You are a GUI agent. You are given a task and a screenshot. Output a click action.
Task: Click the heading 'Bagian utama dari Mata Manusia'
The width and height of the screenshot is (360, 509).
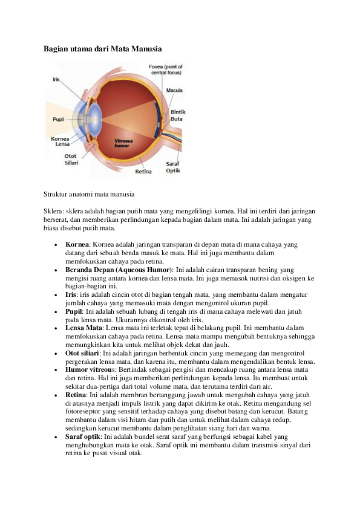coord(103,49)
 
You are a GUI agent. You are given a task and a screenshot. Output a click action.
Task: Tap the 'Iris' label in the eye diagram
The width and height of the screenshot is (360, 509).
coord(56,79)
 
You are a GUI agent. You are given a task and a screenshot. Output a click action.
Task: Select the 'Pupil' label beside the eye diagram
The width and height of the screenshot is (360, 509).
coord(59,120)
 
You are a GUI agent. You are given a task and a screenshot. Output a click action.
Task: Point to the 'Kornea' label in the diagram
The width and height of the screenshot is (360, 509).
coord(60,138)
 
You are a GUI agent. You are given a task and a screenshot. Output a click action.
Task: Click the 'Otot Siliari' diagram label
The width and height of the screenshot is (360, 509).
coord(71,160)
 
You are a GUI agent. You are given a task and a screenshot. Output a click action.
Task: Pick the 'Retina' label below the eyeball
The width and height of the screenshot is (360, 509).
coord(143,172)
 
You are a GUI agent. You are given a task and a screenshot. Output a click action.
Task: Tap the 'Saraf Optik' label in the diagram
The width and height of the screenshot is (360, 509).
coord(173,167)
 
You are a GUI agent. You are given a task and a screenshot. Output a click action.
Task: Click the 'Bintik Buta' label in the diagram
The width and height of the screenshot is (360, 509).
coord(178,115)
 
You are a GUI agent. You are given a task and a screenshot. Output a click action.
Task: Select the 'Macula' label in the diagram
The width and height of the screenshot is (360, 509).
coord(174,90)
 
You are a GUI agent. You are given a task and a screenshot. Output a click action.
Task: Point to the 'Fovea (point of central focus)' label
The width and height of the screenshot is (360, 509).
coord(166,70)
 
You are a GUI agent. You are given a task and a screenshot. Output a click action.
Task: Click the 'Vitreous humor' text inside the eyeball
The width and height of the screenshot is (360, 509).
coord(123,143)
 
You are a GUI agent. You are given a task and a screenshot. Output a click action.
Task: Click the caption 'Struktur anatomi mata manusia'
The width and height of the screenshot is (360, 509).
coord(89,195)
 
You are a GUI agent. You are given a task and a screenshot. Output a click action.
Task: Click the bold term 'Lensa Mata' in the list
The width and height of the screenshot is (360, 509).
coord(84,328)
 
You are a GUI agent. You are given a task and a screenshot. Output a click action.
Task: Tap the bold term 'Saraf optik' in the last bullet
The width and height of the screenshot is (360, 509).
coord(83,436)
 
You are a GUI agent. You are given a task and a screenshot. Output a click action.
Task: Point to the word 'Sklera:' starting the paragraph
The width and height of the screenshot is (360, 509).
coord(54,212)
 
